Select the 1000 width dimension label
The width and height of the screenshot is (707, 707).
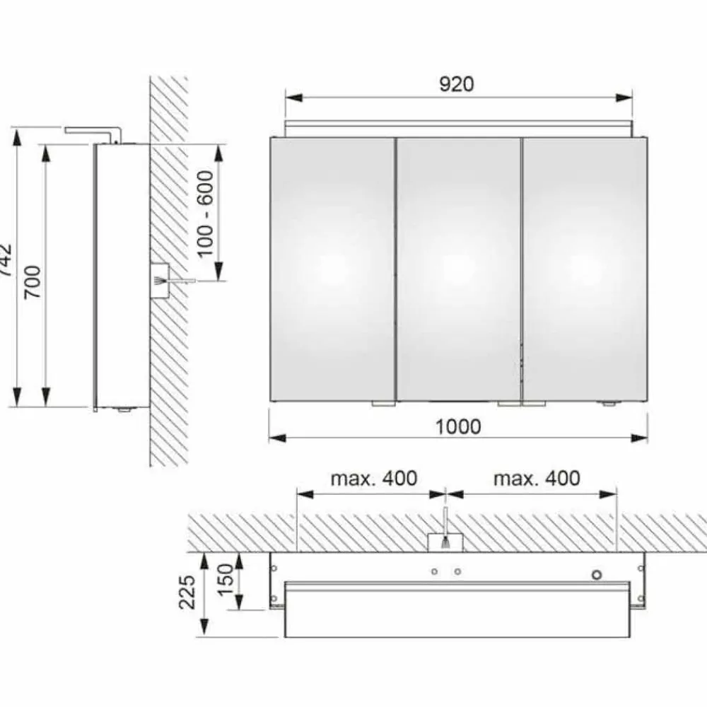click(x=457, y=426)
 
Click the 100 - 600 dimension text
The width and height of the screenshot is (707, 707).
click(x=206, y=214)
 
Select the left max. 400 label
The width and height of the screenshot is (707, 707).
click(x=374, y=479)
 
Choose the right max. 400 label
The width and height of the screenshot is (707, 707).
click(x=537, y=479)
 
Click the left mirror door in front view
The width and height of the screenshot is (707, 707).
click(x=333, y=269)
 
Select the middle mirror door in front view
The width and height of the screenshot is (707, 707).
click(x=458, y=269)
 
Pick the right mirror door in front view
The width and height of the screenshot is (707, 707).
click(x=584, y=269)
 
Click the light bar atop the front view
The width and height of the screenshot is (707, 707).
click(x=458, y=128)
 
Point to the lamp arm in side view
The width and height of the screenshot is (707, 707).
click(x=92, y=131)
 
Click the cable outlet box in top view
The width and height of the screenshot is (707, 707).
click(x=445, y=542)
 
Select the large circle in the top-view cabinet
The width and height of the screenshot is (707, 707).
click(x=598, y=575)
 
